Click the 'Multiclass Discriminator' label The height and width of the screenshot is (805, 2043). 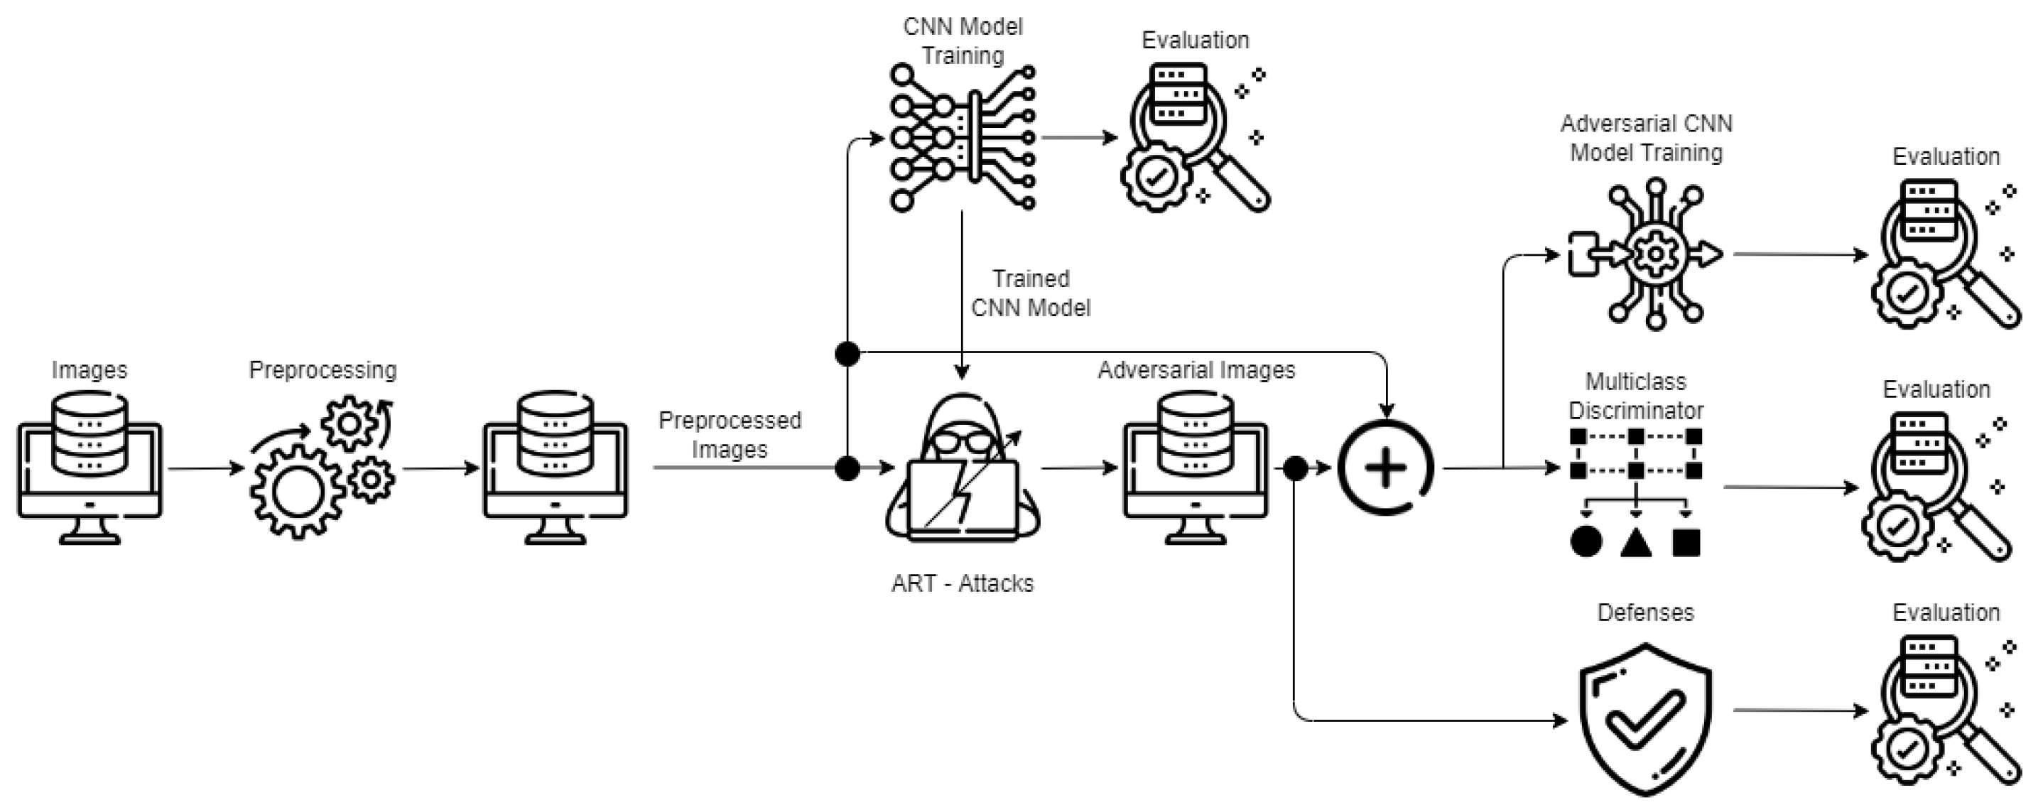tap(1635, 396)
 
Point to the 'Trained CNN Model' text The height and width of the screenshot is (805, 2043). tap(1030, 293)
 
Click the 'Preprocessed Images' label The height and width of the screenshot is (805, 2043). tap(730, 435)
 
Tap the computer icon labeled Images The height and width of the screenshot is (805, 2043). tap(90, 468)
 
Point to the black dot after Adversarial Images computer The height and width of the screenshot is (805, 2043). tap(1295, 469)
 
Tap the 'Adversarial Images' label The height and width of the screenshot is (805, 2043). tap(1196, 370)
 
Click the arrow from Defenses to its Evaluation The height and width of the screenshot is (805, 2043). tap(1800, 710)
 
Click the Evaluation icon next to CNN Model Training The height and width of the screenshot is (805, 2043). tap(1196, 137)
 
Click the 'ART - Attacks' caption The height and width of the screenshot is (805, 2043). tap(962, 584)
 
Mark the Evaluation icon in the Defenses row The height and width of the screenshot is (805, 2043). tap(1945, 711)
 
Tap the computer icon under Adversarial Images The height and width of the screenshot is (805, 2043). tap(1196, 468)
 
